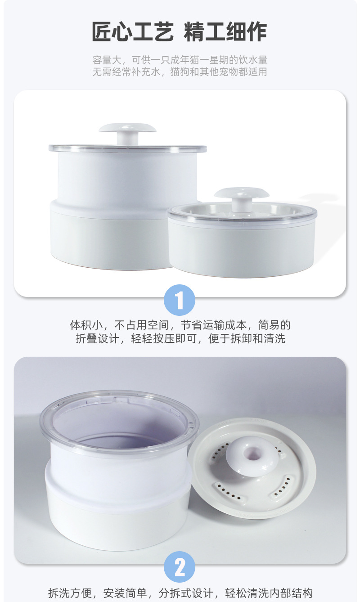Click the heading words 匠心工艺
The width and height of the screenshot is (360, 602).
click(132, 31)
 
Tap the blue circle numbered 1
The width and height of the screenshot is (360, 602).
click(180, 300)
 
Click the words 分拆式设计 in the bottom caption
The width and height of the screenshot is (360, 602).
click(187, 593)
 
